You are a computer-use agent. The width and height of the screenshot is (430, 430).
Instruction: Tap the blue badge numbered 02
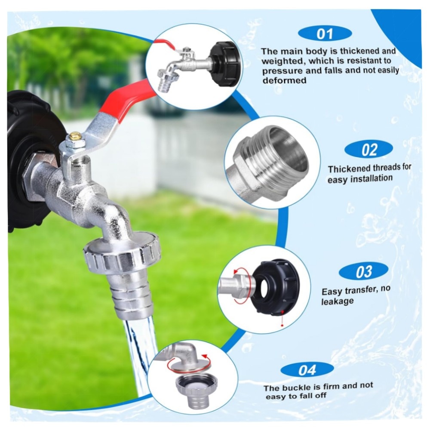[369, 150]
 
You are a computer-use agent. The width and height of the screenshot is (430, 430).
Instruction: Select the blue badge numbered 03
[363, 271]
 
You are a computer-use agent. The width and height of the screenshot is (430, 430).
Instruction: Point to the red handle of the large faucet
[129, 97]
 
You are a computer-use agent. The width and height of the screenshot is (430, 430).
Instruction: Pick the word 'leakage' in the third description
[337, 301]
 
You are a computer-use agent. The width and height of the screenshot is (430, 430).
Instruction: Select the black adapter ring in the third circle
[275, 286]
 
